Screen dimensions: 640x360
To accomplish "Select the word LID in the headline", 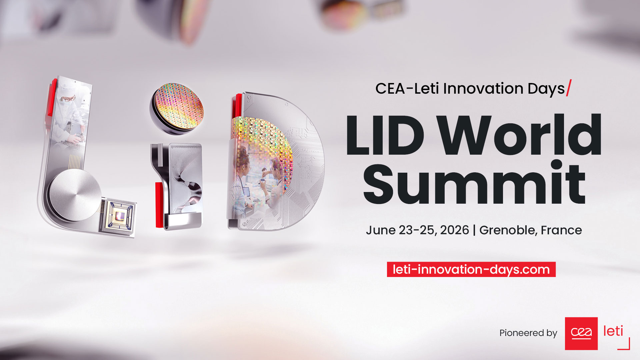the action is point(385,135).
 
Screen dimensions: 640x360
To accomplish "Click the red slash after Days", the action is point(569,88).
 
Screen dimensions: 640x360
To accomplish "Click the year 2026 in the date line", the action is point(454,230).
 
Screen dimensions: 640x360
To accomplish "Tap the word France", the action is point(561,230).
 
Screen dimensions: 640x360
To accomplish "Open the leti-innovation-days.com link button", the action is point(471,269).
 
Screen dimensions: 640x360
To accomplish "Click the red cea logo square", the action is point(581,333).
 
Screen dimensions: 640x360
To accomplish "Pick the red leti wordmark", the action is point(613,331).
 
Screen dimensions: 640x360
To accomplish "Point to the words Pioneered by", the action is point(528,333).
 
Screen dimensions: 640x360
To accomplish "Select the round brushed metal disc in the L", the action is point(75,196).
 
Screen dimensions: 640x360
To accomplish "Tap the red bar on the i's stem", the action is point(159,205).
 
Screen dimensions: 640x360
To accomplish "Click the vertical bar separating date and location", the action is point(474,230).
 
